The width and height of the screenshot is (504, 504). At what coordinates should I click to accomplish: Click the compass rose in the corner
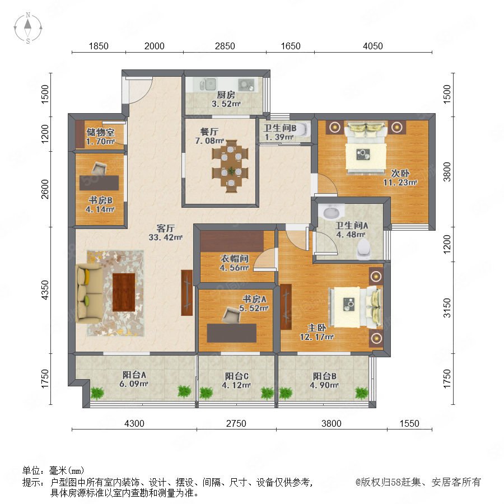point(28,28)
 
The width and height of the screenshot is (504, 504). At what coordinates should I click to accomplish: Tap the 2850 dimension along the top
point(225,46)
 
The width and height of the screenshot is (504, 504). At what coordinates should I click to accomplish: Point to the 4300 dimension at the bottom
point(134,423)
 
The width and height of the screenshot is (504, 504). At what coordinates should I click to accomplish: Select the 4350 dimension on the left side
point(45,290)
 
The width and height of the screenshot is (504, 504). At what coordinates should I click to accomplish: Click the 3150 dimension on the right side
point(447,307)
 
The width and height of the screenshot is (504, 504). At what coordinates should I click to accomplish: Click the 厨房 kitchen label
point(226,95)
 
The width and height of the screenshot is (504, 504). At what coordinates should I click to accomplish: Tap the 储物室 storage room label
point(100,132)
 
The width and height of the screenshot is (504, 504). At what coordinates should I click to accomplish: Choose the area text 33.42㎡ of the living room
point(165,237)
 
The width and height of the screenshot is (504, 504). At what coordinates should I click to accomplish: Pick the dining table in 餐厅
point(231,166)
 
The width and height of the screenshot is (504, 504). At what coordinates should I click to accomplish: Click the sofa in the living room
point(88,293)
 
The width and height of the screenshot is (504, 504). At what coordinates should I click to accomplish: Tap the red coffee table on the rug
point(124,292)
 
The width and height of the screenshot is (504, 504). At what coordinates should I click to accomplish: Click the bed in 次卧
point(366,147)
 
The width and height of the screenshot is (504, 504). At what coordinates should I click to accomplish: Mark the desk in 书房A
point(231,333)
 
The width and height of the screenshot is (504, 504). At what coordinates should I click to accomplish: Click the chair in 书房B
point(99,168)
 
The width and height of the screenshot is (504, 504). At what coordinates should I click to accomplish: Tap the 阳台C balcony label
point(236,376)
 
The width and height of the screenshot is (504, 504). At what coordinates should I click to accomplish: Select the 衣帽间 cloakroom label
point(234,259)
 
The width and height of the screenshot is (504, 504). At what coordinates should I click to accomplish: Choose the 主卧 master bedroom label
point(316,328)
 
